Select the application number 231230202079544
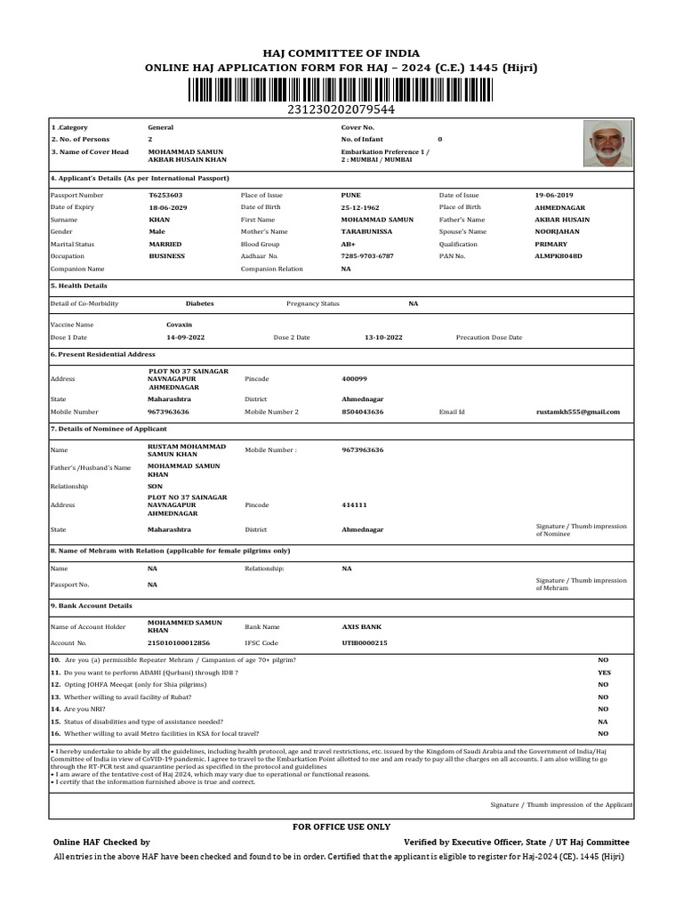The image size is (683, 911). [x=341, y=109]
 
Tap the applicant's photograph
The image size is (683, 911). [x=608, y=143]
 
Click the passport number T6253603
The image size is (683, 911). [x=165, y=194]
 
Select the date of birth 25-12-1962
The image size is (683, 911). [x=360, y=206]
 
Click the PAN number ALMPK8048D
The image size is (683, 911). [x=558, y=255]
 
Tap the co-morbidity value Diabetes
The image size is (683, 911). [x=199, y=303]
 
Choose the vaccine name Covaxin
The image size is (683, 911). [x=179, y=325]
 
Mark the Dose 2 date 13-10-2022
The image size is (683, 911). [x=383, y=337]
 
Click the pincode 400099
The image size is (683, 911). [x=354, y=378]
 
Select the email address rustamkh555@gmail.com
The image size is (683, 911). [x=578, y=412]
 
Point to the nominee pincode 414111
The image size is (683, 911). [x=354, y=504]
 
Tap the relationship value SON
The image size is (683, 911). [x=155, y=487]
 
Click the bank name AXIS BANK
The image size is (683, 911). [x=362, y=626]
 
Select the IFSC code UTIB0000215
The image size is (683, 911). [x=365, y=642]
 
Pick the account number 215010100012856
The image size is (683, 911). [x=179, y=642]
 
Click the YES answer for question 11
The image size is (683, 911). [x=604, y=673]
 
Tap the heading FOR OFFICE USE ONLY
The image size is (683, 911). [x=341, y=826]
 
